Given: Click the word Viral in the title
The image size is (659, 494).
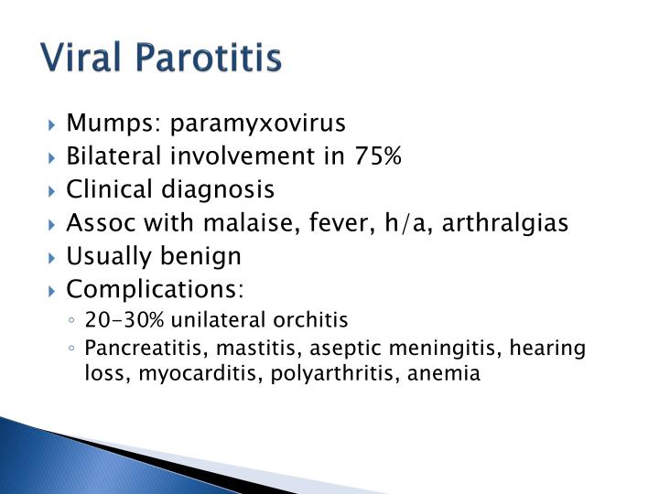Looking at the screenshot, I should (x=85, y=58).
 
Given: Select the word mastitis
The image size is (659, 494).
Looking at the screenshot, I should (x=229, y=348).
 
